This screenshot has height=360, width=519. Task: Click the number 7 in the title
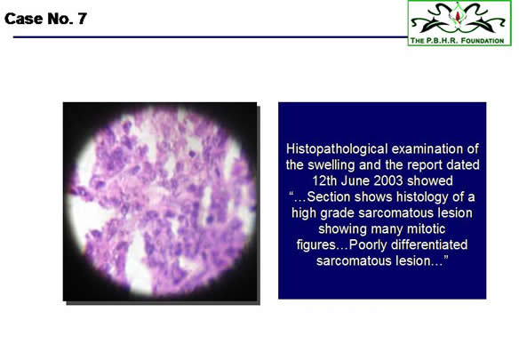82,19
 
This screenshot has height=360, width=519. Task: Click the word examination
427,149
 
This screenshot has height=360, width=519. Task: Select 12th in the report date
324,180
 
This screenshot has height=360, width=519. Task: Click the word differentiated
429,244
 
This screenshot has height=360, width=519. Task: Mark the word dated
463,165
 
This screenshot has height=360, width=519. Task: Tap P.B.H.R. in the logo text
442,41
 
